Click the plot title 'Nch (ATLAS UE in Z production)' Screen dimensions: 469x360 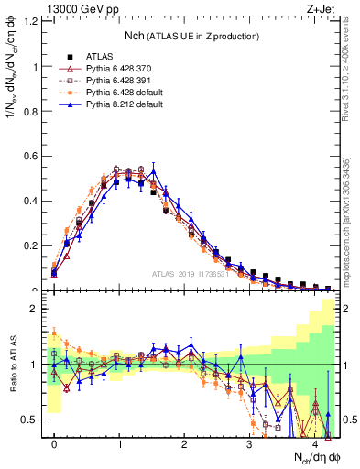[192, 36]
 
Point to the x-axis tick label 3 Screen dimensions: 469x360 [250, 444]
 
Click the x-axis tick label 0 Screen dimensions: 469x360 [54, 444]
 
